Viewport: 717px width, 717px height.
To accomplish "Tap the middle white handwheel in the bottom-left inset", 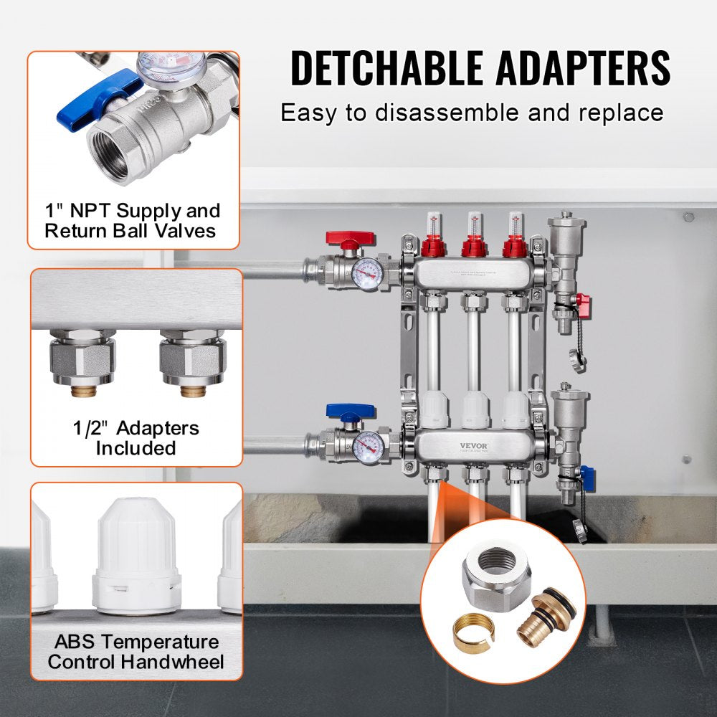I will click(136, 552).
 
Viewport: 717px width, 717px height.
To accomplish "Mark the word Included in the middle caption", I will click(136, 448).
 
